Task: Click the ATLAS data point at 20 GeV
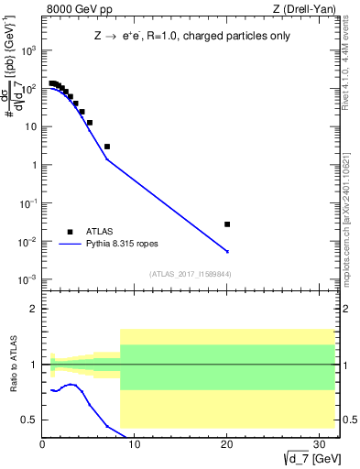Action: point(227,224)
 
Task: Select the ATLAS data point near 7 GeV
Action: point(107,147)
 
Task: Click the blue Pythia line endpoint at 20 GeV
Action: point(227,251)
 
